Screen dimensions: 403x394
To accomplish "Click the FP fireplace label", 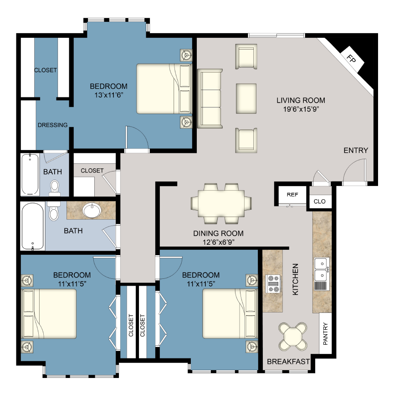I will tap(351, 58).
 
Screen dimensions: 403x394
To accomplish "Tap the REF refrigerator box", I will tap(292, 194).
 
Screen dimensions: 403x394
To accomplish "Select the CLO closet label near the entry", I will tap(319, 201).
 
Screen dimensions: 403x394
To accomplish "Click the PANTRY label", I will tap(325, 334).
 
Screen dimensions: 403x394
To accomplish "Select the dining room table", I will tap(221, 203).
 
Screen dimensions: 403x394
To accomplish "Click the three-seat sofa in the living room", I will tap(210, 99).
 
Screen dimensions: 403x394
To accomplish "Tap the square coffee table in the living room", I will tap(246, 98).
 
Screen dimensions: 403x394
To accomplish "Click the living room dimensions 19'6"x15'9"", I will tap(301, 109).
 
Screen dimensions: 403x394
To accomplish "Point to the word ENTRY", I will tap(356, 151).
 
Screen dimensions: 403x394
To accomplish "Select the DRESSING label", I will tap(53, 125).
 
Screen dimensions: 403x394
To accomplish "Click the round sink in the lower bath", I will tap(93, 211).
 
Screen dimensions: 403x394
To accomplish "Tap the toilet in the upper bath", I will tap(55, 186).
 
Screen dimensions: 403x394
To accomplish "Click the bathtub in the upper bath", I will tap(31, 175).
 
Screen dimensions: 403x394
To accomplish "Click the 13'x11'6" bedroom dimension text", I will tap(108, 95).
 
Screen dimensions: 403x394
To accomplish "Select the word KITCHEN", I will tap(295, 279).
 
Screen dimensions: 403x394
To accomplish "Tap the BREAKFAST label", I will tap(288, 362).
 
